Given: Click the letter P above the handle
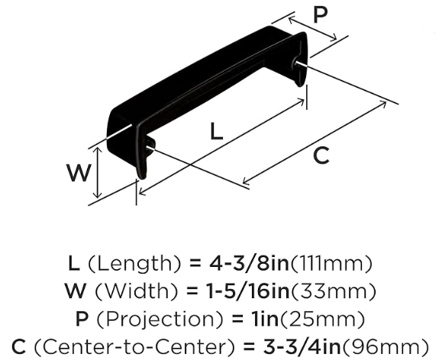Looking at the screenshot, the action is coord(320,15).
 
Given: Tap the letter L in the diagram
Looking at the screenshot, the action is coord(217,131).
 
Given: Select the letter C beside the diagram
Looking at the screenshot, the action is coord(321,156).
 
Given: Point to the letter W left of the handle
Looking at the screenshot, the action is coord(79,172).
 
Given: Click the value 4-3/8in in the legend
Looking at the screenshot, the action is coord(249,263).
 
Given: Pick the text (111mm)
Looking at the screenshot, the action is coord(331,264).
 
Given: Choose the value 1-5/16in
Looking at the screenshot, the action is coord(247,291).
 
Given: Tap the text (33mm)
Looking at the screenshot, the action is coord(333,291).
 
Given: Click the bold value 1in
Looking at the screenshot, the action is coord(265,318).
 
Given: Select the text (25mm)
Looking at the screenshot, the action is coord(322,319).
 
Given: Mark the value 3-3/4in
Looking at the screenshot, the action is coord(302,346).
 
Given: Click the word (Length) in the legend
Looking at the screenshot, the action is coord(134,264).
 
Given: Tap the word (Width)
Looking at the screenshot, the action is coord(137,291).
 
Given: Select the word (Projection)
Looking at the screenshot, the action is coord(160,319).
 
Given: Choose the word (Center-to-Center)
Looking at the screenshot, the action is coord(134,346).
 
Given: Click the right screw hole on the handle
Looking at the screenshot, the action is coord(296,63).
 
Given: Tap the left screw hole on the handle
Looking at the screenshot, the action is coord(149,147).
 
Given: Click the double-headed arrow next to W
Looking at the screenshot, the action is coord(98,172).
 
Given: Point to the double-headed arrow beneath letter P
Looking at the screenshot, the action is coord(313,28).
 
